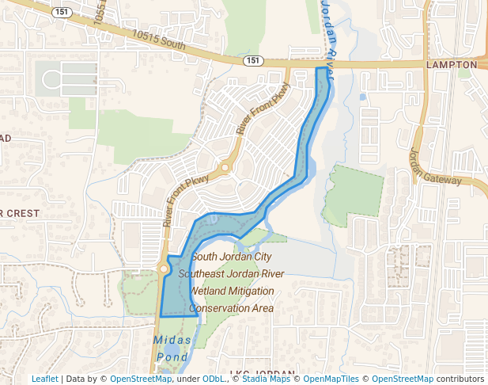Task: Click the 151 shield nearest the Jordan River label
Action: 252,60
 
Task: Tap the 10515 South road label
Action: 159,40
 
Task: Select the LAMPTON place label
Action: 452,64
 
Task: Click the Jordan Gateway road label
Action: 433,167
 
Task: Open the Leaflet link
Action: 45,379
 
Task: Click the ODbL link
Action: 213,379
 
